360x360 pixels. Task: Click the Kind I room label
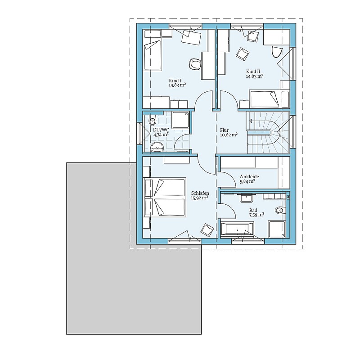pyautogui.click(x=175, y=81)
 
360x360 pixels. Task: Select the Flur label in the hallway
pyautogui.click(x=224, y=130)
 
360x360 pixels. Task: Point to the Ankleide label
pyautogui.click(x=249, y=176)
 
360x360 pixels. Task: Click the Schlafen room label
pyautogui.click(x=200, y=193)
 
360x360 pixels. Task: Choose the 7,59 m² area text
pyautogui.click(x=256, y=215)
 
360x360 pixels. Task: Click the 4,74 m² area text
pyautogui.click(x=161, y=135)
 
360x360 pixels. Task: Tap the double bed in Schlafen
pyautogui.click(x=164, y=197)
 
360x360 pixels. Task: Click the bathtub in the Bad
pyautogui.click(x=237, y=229)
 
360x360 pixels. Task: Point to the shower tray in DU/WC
pyautogui.click(x=180, y=120)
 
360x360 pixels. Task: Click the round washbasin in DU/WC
pyautogui.click(x=157, y=147)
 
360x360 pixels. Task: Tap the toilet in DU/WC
pyautogui.click(x=152, y=121)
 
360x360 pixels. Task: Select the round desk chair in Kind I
pyautogui.click(x=195, y=64)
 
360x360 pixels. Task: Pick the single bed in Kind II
pyautogui.click(x=269, y=99)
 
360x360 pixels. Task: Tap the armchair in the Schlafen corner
pyautogui.click(x=207, y=229)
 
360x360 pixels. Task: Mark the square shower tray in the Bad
pyautogui.click(x=277, y=229)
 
